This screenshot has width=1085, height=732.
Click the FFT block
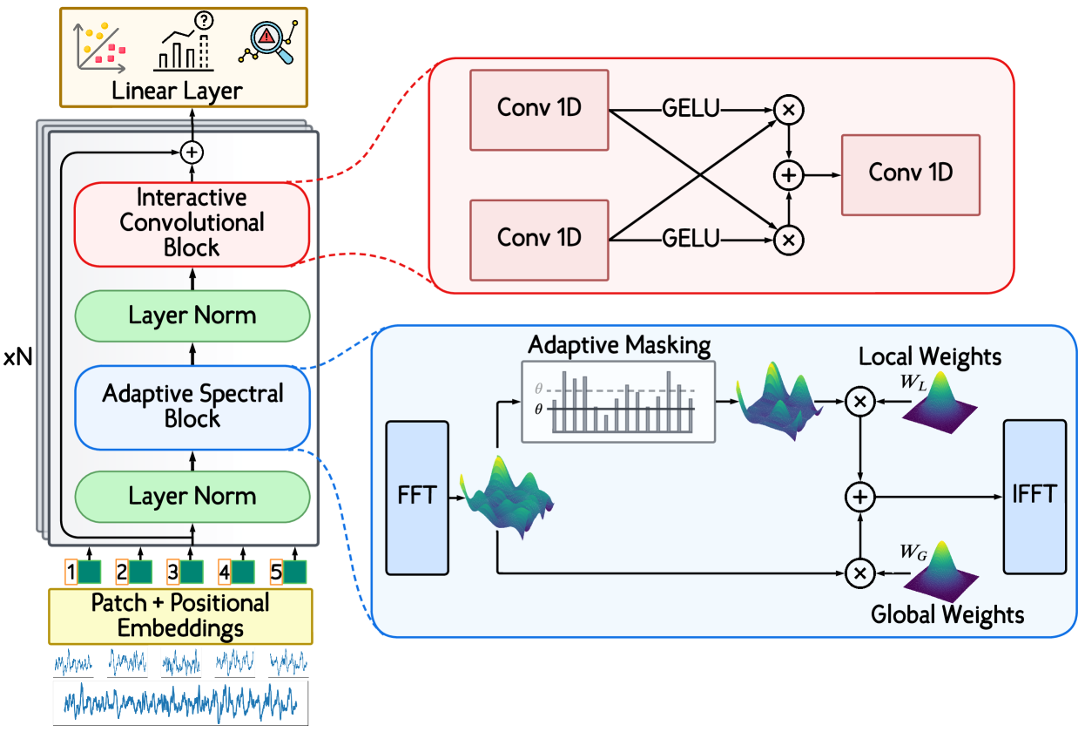tap(416, 498)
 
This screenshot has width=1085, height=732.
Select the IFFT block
tap(1034, 496)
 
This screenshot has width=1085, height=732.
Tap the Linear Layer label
tap(177, 91)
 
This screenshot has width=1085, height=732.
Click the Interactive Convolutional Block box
tap(192, 223)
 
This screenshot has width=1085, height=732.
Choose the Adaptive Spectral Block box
tap(192, 406)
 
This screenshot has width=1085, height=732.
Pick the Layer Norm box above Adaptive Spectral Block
tap(192, 315)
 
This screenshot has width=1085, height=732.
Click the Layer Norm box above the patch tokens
tap(192, 497)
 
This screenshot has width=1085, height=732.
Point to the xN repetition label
tap(17, 358)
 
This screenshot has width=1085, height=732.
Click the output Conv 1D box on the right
tap(910, 173)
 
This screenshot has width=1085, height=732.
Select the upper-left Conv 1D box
tap(539, 108)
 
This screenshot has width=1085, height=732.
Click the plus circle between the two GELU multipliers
tap(788, 175)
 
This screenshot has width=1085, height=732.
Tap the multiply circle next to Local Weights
tap(859, 401)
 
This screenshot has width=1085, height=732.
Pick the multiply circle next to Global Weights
tap(859, 573)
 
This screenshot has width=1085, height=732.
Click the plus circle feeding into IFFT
tap(859, 497)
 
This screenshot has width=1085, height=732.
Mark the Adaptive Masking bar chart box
tap(617, 401)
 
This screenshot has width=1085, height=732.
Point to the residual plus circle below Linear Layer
tap(192, 152)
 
